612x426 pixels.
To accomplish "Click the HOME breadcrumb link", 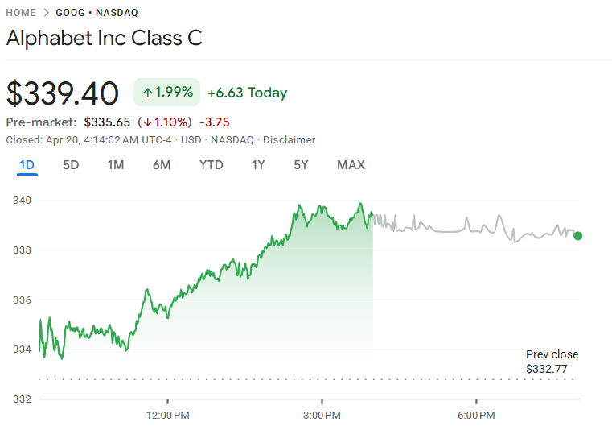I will coord(21,13).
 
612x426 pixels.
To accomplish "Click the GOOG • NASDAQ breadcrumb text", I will coord(97,13).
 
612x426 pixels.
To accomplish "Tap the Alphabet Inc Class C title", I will coord(105,38).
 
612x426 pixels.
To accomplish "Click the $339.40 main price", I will coord(63,93).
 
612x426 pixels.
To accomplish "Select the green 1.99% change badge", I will coord(166,93).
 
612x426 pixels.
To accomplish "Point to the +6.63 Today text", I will coord(247,93).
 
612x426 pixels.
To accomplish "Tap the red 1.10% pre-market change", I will coord(165,122).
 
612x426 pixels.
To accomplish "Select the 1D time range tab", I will coord(27,165).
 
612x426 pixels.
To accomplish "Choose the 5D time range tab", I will coord(71,165).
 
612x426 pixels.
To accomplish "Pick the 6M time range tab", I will coord(161,165).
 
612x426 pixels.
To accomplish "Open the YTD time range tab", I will coord(212,165).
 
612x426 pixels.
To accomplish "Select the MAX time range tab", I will coord(351,165).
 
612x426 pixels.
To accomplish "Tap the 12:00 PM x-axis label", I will coord(168,415).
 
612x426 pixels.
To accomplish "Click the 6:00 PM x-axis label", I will coord(476,415).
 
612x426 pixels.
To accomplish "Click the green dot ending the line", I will coord(577,236).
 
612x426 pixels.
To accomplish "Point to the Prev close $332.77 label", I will coord(552,362).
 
